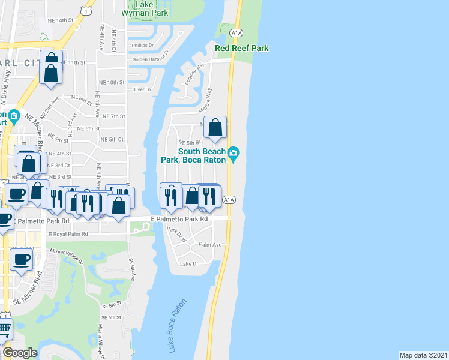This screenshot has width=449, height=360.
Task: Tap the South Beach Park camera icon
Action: coord(234,155)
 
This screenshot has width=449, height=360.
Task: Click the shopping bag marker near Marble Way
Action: coord(215,128)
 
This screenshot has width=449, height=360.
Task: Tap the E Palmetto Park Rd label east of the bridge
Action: coord(179,220)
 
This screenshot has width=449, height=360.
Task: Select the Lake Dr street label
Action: coord(188,264)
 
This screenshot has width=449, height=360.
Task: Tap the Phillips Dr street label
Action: coord(143,45)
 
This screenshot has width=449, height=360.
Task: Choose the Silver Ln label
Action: coord(142,89)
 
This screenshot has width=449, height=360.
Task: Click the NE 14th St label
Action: coord(59,20)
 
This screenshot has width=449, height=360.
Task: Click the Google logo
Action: coord(20,353)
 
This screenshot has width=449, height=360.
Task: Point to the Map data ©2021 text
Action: coord(424,355)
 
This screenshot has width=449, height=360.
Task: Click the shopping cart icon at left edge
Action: coord(4,328)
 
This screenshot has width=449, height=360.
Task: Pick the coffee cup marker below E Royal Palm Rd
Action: coord(22,260)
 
